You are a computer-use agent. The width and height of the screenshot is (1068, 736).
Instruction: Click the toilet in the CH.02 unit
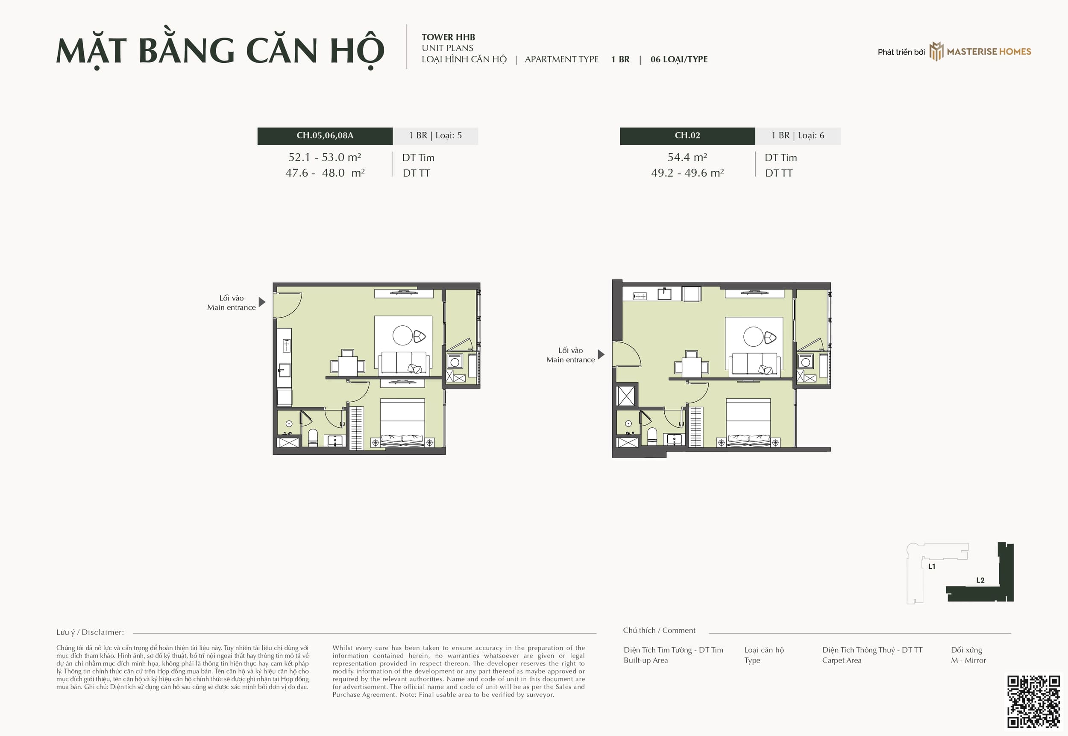coord(652,436)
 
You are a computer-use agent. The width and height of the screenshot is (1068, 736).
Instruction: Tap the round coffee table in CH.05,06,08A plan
coord(402,335)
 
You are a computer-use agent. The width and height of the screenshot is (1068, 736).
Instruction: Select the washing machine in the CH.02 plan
coord(806,362)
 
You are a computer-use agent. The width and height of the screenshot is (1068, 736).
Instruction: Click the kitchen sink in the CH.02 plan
coord(664,293)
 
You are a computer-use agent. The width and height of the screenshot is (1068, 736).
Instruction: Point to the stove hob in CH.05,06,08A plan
coord(287,345)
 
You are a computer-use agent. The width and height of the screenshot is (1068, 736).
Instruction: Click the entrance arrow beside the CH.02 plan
coord(601,354)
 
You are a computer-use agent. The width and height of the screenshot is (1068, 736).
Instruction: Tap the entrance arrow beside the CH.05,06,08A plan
coord(262,302)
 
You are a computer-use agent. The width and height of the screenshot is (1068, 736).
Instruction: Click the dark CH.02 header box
coord(687,136)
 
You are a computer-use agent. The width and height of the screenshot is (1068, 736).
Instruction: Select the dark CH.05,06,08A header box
coord(325,136)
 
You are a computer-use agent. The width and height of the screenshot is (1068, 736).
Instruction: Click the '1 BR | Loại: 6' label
coord(798,136)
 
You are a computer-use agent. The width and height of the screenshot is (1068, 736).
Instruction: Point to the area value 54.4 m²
coord(687,157)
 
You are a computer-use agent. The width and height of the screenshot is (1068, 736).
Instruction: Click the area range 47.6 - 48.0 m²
coord(325,173)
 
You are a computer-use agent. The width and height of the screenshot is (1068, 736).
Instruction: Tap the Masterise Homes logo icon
coord(936,51)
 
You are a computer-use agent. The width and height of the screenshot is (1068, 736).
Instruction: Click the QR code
coord(1033,702)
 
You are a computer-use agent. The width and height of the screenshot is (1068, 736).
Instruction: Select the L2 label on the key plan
coord(980,580)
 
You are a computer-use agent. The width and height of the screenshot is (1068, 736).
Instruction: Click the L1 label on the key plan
coord(932,566)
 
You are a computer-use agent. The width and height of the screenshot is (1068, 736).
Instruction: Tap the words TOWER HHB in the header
coord(448,37)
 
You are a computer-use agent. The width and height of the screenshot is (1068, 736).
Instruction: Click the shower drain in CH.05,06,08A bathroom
coord(289,423)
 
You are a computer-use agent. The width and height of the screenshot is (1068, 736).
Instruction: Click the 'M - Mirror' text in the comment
coord(968,660)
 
